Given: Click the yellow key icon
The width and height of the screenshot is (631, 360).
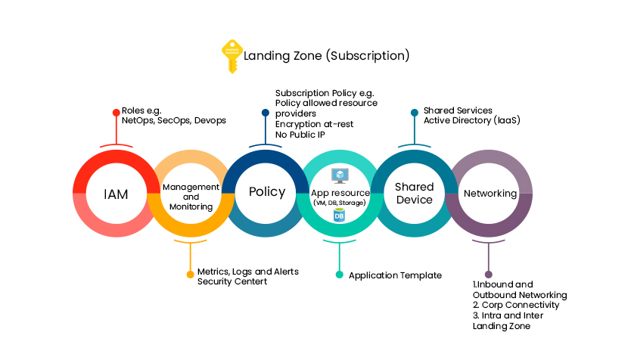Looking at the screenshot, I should pyautogui.click(x=230, y=56).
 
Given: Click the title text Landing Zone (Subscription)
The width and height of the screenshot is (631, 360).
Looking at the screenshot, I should pyautogui.click(x=326, y=55).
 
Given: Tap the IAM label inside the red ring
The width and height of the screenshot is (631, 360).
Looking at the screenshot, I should pyautogui.click(x=116, y=194).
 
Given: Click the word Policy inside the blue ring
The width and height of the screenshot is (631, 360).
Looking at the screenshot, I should pyautogui.click(x=266, y=191).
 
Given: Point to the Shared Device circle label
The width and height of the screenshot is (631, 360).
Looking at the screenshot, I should pyautogui.click(x=415, y=193).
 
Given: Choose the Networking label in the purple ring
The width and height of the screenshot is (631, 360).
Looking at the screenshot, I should pyautogui.click(x=490, y=194).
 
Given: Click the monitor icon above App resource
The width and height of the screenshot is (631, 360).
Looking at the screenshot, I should pyautogui.click(x=340, y=175).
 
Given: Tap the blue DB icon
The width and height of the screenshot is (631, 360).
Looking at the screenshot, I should pyautogui.click(x=340, y=216).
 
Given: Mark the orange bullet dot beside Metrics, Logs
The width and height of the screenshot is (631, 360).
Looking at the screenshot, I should pyautogui.click(x=190, y=275).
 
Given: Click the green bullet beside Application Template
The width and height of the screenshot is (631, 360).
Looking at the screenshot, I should pyautogui.click(x=340, y=275).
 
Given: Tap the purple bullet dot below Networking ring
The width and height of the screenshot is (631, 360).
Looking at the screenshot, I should pyautogui.click(x=489, y=274).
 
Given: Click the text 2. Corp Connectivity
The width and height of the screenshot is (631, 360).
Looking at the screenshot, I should pyautogui.click(x=516, y=305).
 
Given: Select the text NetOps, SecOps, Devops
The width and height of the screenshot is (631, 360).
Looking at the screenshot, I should pyautogui.click(x=173, y=120).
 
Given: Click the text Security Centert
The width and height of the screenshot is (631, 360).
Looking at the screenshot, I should pyautogui.click(x=232, y=281).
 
